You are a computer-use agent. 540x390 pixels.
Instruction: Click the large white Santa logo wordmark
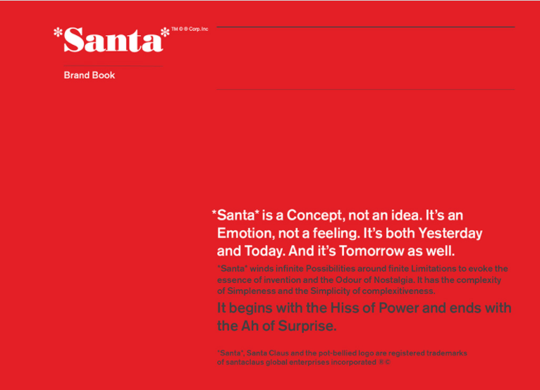(x=113, y=40)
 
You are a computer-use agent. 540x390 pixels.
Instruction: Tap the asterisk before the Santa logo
(x=58, y=32)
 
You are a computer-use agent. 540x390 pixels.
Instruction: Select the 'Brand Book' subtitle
(x=89, y=75)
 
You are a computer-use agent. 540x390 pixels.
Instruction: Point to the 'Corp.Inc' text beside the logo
(x=198, y=29)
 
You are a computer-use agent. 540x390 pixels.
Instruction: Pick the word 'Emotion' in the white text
(x=244, y=233)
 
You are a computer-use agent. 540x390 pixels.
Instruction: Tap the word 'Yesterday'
(x=450, y=233)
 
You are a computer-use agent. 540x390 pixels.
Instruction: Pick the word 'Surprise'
(x=305, y=326)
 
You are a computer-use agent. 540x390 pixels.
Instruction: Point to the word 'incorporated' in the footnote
(x=347, y=362)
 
